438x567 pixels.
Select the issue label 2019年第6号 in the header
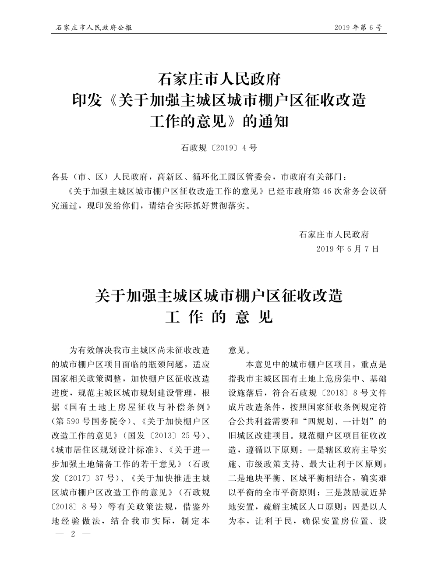[358, 28]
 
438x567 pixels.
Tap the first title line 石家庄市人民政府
[219, 80]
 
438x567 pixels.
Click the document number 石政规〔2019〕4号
[219, 148]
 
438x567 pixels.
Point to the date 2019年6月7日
[347, 249]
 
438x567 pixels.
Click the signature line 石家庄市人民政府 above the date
[334, 234]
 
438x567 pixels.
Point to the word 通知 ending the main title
[273, 121]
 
